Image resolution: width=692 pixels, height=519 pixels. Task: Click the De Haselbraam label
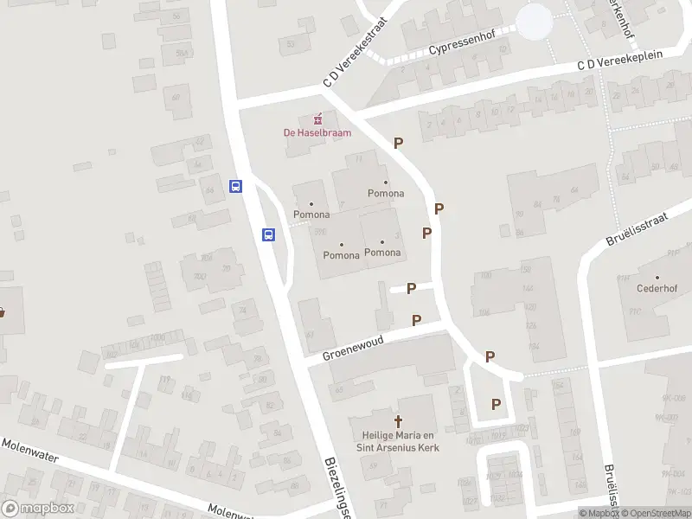pos(317,133)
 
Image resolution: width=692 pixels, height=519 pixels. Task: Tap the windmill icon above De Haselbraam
pos(317,119)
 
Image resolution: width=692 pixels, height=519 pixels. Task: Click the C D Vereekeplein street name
pos(619,61)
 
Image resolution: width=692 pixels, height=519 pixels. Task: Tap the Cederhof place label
pos(655,288)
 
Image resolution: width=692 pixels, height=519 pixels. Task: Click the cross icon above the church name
pos(399,421)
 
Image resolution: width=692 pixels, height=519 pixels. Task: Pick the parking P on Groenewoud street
pos(417,320)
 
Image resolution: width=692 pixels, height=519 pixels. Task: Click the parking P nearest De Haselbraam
pos(398,143)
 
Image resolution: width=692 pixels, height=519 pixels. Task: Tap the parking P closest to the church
pos(496,403)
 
